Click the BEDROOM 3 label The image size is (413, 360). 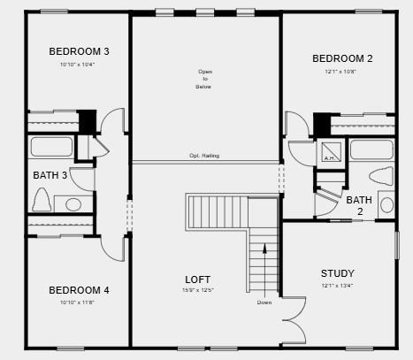[79, 51]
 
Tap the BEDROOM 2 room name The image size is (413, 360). [342, 59]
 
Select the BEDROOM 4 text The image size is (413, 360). [79, 290]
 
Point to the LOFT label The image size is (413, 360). [198, 279]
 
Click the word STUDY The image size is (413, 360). [337, 273]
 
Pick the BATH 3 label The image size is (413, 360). [50, 175]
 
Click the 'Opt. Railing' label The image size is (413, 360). [204, 156]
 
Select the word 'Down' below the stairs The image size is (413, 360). [264, 303]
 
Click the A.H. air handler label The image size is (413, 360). [330, 158]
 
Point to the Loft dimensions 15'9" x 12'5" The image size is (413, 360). [198, 290]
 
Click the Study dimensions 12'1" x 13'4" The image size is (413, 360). [337, 285]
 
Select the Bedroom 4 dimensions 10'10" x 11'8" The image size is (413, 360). [79, 302]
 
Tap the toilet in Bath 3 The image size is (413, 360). [41, 201]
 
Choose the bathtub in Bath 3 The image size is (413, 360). [51, 147]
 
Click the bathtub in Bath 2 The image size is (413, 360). [371, 149]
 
